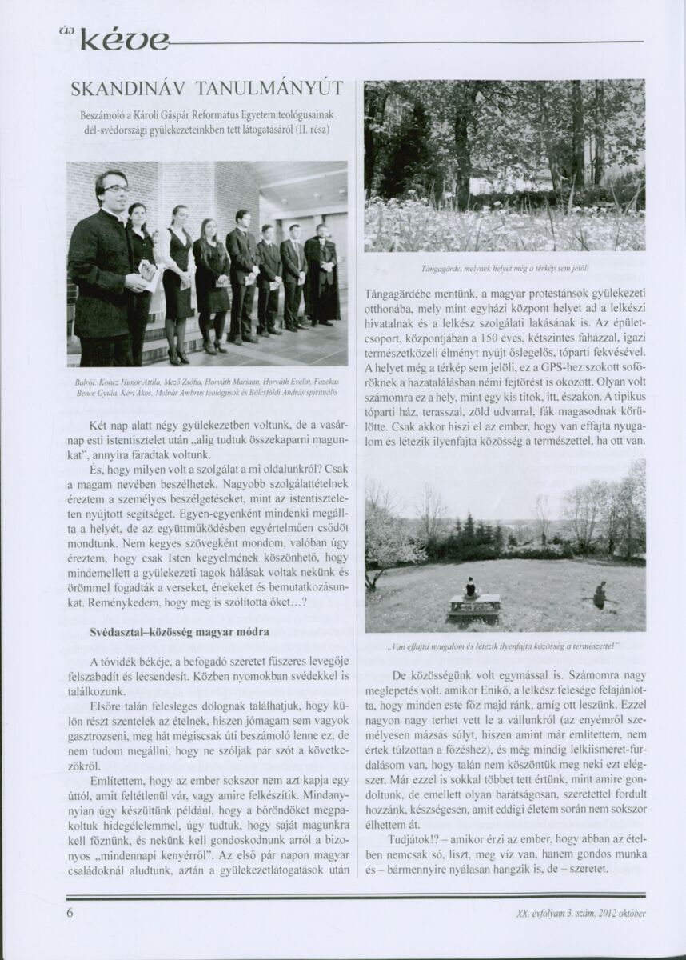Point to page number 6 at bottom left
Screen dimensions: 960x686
(x=70, y=912)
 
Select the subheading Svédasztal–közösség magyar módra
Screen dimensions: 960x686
(x=178, y=632)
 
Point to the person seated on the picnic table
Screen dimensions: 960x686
(x=471, y=588)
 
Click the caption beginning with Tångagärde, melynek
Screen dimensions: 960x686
(x=505, y=264)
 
